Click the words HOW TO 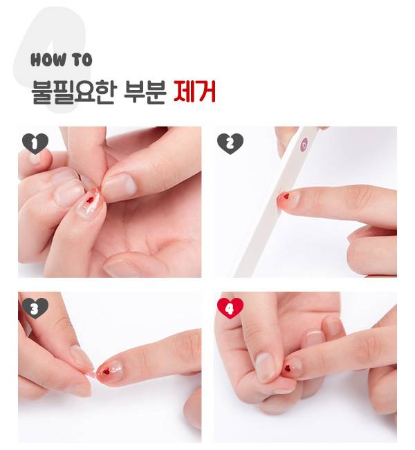pyautogui.click(x=62, y=59)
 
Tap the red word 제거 pyautogui.click(x=194, y=91)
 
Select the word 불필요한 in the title pyautogui.click(x=74, y=91)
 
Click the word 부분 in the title pyautogui.click(x=145, y=91)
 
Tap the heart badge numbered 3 pyautogui.click(x=35, y=308)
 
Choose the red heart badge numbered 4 pyautogui.click(x=230, y=308)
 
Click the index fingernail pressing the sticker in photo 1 pyautogui.click(x=119, y=187)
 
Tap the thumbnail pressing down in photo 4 pyautogui.click(x=266, y=367)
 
